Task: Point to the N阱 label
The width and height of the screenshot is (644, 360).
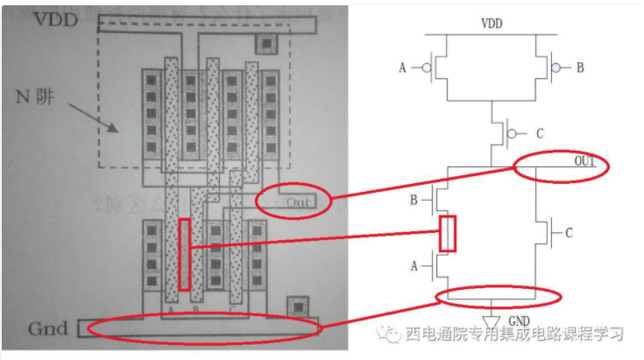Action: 36,95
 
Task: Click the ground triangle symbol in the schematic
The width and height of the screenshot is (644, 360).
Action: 492,316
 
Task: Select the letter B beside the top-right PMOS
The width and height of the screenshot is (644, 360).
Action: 580,67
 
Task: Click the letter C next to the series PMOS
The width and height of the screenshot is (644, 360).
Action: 539,133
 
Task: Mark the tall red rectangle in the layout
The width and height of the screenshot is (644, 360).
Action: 184,254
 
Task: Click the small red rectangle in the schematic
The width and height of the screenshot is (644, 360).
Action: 448,233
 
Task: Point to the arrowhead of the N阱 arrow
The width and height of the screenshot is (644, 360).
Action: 115,129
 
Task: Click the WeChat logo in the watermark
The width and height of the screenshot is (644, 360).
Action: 388,335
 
